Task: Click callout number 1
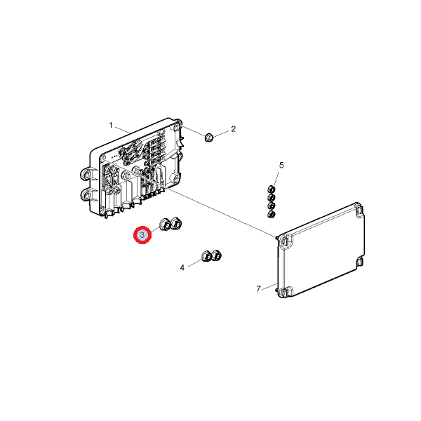[111, 126]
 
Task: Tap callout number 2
[234, 129]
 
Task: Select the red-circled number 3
[142, 235]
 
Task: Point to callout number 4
[182, 268]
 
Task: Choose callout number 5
[281, 166]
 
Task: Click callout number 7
[258, 289]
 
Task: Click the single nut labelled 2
[209, 138]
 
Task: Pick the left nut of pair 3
[165, 225]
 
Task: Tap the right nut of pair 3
[176, 223]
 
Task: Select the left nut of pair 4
[206, 256]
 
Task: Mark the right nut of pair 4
[216, 255]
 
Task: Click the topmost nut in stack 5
[272, 189]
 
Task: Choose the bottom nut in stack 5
[272, 214]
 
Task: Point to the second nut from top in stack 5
[272, 198]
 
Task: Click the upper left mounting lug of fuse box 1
[87, 175]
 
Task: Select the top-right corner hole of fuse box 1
[177, 126]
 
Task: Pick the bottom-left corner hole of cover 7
[284, 292]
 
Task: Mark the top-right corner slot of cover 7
[359, 210]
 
